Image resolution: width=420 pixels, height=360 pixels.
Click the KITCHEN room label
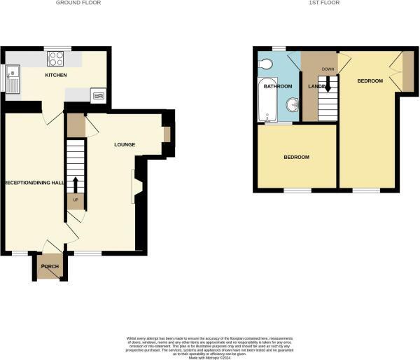click(x=55, y=74)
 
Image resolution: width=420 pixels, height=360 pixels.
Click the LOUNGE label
click(x=125, y=145)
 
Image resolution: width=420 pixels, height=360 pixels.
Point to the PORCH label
click(x=50, y=266)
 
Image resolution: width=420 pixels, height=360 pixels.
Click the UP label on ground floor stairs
click(x=76, y=201)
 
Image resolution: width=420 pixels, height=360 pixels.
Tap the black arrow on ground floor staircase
click(x=76, y=185)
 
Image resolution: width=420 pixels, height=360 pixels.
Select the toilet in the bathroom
click(x=265, y=65)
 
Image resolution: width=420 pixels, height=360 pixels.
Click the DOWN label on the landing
click(x=328, y=69)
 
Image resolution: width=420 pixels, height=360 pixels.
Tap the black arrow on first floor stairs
click(x=328, y=85)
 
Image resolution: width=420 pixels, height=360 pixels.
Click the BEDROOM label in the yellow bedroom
click(x=296, y=157)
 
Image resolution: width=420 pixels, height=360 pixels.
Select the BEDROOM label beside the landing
click(x=370, y=81)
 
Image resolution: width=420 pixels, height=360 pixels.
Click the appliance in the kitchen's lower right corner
click(x=98, y=96)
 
